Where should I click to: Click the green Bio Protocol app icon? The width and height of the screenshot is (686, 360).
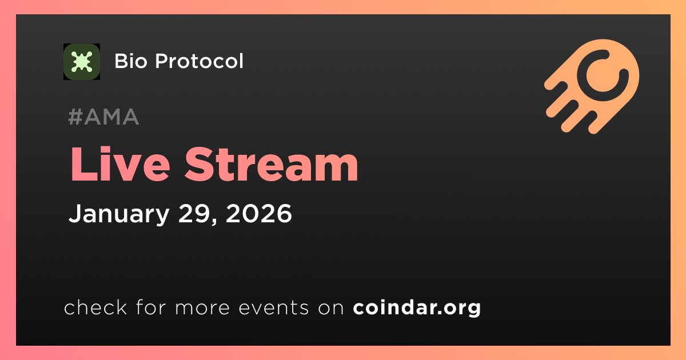coord(81,62)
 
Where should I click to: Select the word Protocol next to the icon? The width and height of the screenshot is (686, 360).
coord(199,61)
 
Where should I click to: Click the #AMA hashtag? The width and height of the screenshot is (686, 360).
coord(103,117)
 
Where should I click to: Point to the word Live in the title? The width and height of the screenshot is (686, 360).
coord(120,164)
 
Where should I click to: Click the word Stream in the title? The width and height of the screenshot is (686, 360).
coord(272,164)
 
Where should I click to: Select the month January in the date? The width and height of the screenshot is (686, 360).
coord(119,214)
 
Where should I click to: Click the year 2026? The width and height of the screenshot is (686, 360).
coord(259,213)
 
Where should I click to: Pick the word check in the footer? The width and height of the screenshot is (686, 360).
coord(95,307)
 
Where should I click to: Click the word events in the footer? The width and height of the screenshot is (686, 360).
coord(274,307)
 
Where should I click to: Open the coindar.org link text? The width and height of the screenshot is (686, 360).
coord(417,307)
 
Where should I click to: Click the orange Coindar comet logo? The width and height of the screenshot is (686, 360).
coord(592,86)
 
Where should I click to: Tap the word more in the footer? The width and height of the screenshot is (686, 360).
coord(202,308)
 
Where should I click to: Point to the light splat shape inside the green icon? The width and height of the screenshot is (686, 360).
coord(81,62)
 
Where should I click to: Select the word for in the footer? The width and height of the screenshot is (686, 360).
coord(151,307)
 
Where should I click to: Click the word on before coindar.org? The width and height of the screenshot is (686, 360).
coord(331,308)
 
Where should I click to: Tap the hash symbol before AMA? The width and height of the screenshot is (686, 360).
coord(75,117)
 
